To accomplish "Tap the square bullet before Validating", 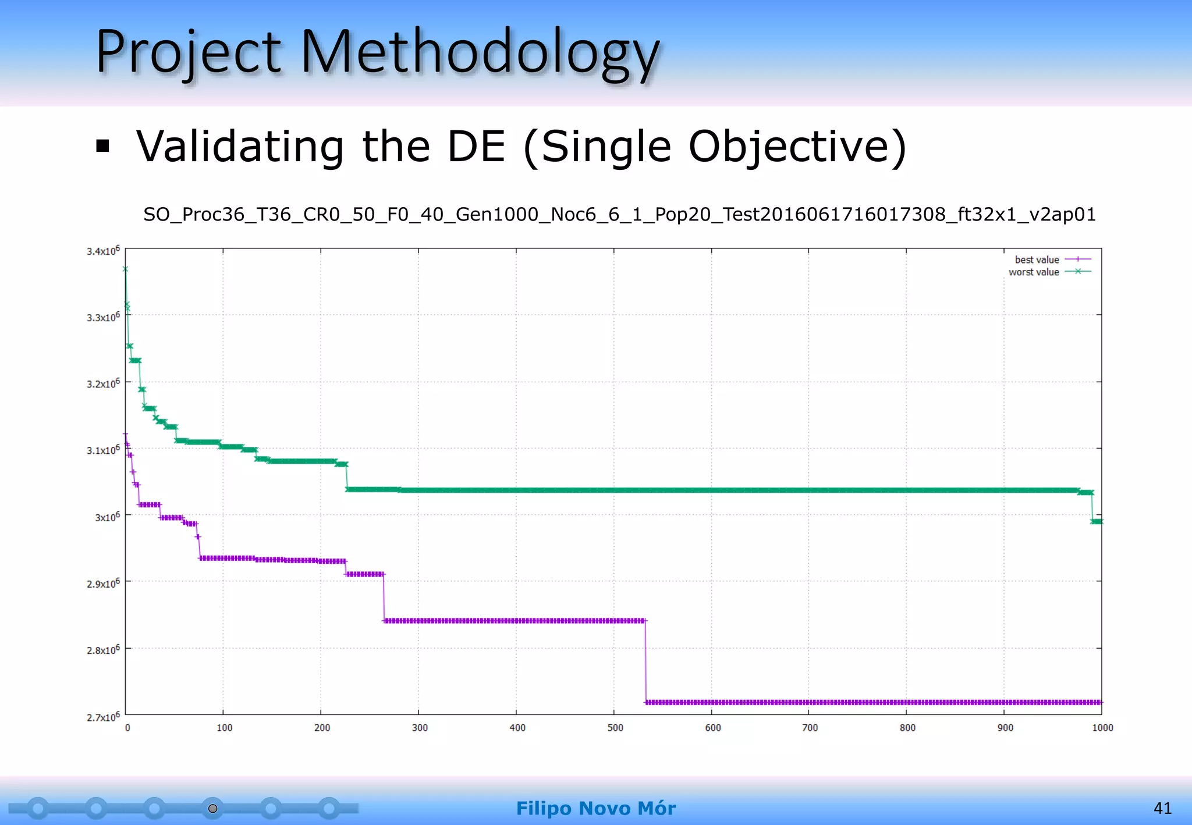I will pyautogui.click(x=103, y=146).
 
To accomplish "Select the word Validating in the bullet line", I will pyautogui.click(x=240, y=146).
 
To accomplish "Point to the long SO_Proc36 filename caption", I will pyautogui.click(x=619, y=215).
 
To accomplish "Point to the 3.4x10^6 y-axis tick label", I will pyautogui.click(x=103, y=251).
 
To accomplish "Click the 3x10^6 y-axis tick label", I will pyautogui.click(x=107, y=517).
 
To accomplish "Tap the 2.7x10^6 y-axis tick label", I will pyautogui.click(x=103, y=717).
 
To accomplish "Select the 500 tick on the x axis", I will pyautogui.click(x=615, y=728).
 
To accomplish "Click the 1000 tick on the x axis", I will pyautogui.click(x=1102, y=728).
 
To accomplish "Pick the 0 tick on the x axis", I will pyautogui.click(x=127, y=728).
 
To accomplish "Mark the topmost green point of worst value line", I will pyautogui.click(x=125, y=269).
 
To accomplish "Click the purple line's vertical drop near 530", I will pyautogui.click(x=645, y=662).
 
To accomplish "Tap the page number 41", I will pyautogui.click(x=1162, y=808).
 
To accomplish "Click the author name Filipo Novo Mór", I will pyautogui.click(x=595, y=808).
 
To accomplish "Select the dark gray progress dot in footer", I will pyautogui.click(x=213, y=808).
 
